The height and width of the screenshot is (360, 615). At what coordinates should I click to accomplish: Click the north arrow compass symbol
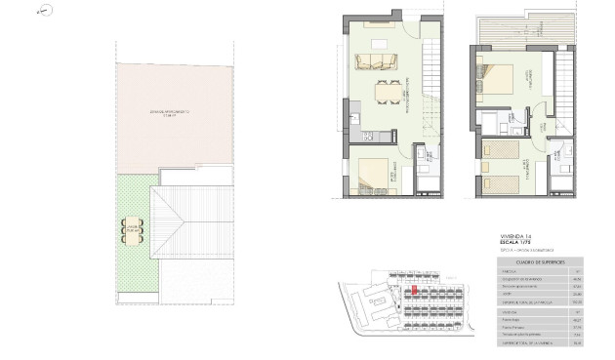41,12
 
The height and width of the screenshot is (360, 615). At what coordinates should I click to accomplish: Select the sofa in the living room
376,63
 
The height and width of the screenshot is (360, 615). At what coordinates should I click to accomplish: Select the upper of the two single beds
500,151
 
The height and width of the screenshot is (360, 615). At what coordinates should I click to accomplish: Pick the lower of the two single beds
500,182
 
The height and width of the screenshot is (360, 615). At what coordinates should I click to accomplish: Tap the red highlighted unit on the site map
414,290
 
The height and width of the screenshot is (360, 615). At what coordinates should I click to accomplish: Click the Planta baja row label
507,318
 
